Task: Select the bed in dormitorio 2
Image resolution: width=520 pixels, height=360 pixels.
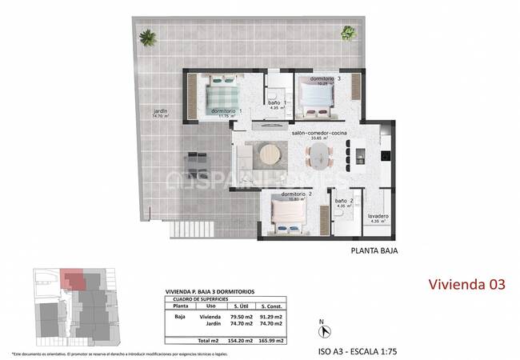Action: pos(286,215)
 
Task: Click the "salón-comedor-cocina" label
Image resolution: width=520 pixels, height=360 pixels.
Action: pos(318,132)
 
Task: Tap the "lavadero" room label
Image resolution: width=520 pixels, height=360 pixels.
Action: pos(379,216)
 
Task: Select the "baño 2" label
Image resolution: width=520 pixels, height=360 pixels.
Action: pos(344,201)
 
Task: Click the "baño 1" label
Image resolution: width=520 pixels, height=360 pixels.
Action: pos(274,102)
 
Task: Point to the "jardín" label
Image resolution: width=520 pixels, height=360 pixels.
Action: pos(161,111)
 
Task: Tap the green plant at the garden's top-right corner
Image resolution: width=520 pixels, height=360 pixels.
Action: pos(348,33)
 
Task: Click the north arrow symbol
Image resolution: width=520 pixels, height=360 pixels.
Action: pos(322,330)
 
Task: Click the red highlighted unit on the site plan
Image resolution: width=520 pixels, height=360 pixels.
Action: pos(73,280)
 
